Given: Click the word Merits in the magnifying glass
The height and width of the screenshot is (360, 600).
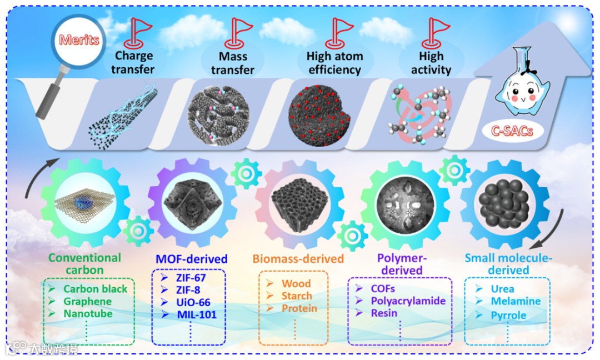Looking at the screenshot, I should pos(79,40).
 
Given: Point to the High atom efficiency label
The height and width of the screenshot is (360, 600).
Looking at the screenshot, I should pos(334,63).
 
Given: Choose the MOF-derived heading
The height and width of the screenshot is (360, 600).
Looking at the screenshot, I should pos(190,259).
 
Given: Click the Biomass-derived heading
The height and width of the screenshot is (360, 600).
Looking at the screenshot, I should pos(298,259).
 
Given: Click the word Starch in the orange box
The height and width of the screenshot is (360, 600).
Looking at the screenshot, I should pos(297,296).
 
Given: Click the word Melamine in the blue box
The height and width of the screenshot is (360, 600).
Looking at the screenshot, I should pos(515,302).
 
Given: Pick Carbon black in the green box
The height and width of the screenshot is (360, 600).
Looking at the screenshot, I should pos(95,289).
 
